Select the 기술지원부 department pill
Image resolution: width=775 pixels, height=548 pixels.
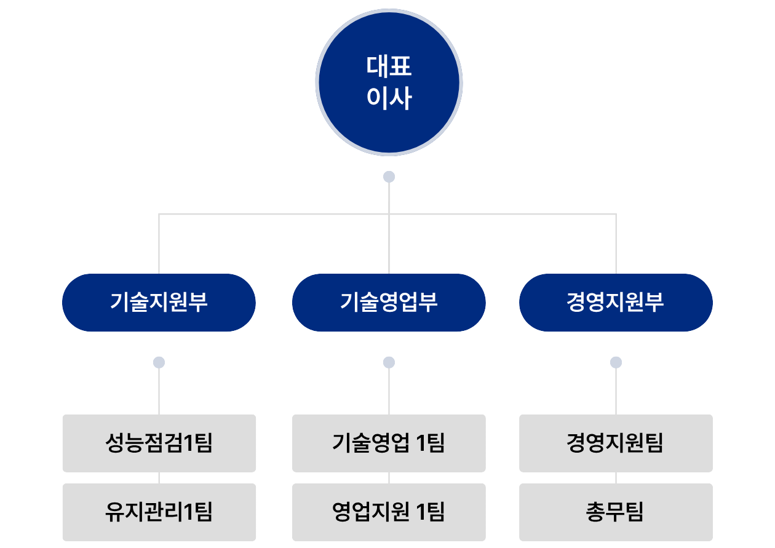[x=159, y=303]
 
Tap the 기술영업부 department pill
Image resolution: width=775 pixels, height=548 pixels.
[x=389, y=303]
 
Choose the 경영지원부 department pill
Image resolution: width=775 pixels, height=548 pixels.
[x=616, y=303]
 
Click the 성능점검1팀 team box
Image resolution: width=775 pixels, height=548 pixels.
[x=159, y=443]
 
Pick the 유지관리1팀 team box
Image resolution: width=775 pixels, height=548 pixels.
[x=159, y=512]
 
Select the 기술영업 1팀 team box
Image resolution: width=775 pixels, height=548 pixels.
[x=389, y=443]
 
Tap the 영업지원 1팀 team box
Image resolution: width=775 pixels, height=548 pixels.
[x=389, y=512]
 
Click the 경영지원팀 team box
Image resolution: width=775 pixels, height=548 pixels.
[x=616, y=443]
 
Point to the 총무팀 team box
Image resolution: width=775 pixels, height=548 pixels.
[x=616, y=512]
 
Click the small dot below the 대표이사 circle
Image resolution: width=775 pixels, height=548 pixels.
[x=389, y=177]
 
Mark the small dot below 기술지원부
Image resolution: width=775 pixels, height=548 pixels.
[x=159, y=362]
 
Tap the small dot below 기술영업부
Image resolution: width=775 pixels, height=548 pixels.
[x=389, y=362]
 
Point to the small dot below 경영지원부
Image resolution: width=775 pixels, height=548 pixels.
[x=616, y=362]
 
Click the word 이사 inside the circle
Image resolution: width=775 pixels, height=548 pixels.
[x=389, y=98]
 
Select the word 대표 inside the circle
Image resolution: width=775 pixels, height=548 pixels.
[x=389, y=66]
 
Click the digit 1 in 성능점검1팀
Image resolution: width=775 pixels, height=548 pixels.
[x=189, y=443]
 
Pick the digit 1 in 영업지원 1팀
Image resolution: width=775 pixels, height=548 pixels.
[x=421, y=512]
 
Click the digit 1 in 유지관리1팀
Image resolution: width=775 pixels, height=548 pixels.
[x=189, y=512]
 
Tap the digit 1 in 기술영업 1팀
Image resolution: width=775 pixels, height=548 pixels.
[x=421, y=443]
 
